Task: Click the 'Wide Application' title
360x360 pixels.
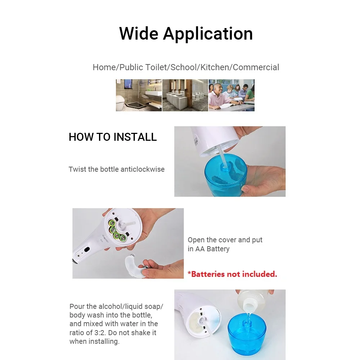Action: pos(186,33)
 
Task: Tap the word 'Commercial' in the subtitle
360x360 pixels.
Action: pos(256,67)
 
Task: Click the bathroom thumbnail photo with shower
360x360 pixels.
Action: pos(139,95)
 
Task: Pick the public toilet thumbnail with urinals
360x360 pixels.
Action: pos(185,95)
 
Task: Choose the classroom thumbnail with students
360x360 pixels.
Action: pos(231,95)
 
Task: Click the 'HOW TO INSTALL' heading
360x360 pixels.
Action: pos(113,137)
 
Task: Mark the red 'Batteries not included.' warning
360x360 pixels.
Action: pos(232,274)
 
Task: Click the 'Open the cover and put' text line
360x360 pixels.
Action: pos(225,240)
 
